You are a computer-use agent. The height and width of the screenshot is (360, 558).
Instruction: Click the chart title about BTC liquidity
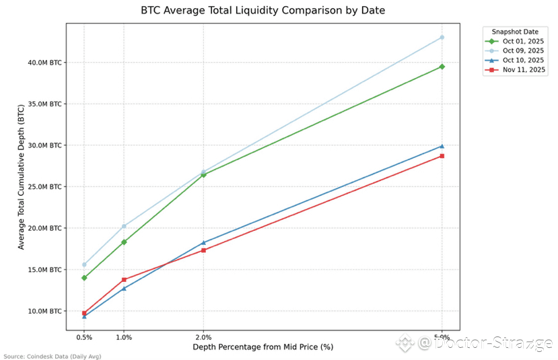pyautogui.click(x=263, y=11)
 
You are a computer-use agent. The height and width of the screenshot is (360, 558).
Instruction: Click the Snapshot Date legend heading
pyautogui.click(x=515, y=31)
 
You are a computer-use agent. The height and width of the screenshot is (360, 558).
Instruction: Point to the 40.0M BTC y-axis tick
pyautogui.click(x=42, y=63)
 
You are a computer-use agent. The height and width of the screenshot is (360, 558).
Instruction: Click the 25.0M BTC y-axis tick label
pyautogui.click(x=42, y=187)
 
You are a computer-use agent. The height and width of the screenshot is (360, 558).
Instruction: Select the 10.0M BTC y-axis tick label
pyautogui.click(x=42, y=311)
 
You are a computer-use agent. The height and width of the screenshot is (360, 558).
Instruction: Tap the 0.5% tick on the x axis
pyautogui.click(x=84, y=336)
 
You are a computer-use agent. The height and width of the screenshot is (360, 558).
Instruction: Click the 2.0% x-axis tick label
pyautogui.click(x=203, y=336)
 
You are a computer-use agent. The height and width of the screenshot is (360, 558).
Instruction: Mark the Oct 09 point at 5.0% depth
pyautogui.click(x=442, y=37)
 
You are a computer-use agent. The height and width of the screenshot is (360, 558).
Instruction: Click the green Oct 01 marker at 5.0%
pyautogui.click(x=442, y=67)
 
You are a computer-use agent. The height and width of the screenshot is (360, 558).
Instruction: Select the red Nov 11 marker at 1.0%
pyautogui.click(x=124, y=279)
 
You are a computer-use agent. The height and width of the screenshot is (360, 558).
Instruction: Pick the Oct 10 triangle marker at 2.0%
pyautogui.click(x=203, y=242)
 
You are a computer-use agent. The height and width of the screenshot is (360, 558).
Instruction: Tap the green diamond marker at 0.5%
pyautogui.click(x=84, y=278)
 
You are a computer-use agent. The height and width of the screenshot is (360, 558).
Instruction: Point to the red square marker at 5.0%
pyautogui.click(x=442, y=156)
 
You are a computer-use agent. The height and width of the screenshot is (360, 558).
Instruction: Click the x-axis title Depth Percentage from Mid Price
pyautogui.click(x=263, y=347)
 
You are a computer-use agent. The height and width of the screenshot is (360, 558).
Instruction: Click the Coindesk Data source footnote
pyautogui.click(x=53, y=356)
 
